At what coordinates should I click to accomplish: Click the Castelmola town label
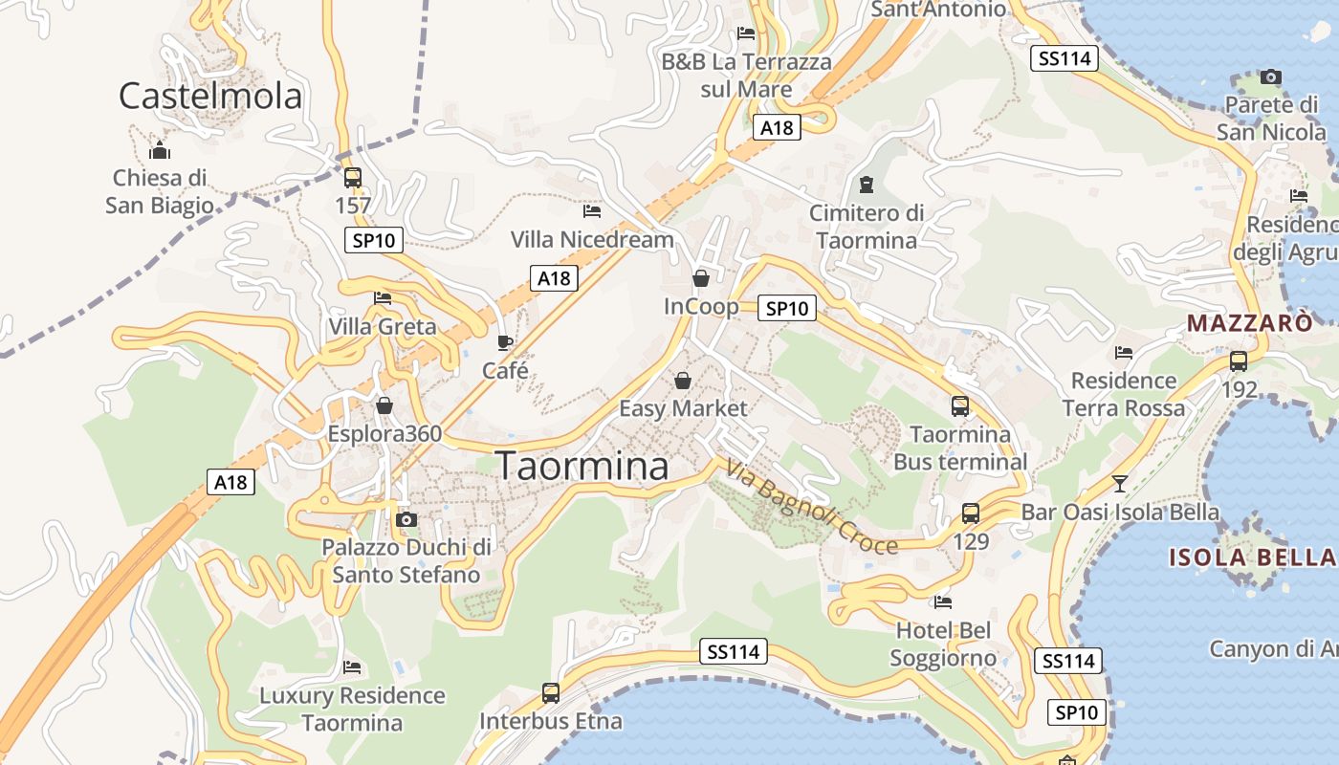pyautogui.click(x=210, y=96)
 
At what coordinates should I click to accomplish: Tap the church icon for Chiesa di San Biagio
pyautogui.click(x=160, y=150)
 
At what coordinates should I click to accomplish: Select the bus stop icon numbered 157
pyautogui.click(x=353, y=177)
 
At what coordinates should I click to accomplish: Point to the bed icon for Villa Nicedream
pyautogui.click(x=592, y=210)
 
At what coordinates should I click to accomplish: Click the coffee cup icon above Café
pyautogui.click(x=505, y=341)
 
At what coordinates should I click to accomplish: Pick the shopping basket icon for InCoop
pyautogui.click(x=701, y=278)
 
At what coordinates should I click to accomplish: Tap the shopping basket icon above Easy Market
pyautogui.click(x=683, y=381)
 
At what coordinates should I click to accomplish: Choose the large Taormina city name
pyautogui.click(x=582, y=466)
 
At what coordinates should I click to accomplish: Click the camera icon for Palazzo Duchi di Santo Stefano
pyautogui.click(x=406, y=519)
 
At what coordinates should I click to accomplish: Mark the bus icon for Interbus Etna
pyautogui.click(x=551, y=692)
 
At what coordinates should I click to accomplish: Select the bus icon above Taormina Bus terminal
pyautogui.click(x=960, y=405)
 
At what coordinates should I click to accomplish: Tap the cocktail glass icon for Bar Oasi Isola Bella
pyautogui.click(x=1120, y=483)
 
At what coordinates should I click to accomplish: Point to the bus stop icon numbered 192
pyautogui.click(x=1239, y=361)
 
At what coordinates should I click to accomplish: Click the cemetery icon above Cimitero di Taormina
pyautogui.click(x=867, y=184)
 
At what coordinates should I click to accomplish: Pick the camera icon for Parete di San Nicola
pyautogui.click(x=1271, y=76)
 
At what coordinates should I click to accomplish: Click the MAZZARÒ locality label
pyautogui.click(x=1250, y=323)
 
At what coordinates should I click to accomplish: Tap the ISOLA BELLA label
pyautogui.click(x=1252, y=557)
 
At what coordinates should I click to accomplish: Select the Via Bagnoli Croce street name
pyautogui.click(x=812, y=507)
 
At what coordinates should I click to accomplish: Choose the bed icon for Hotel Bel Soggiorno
pyautogui.click(x=943, y=601)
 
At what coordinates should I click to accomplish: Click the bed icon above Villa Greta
pyautogui.click(x=383, y=297)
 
